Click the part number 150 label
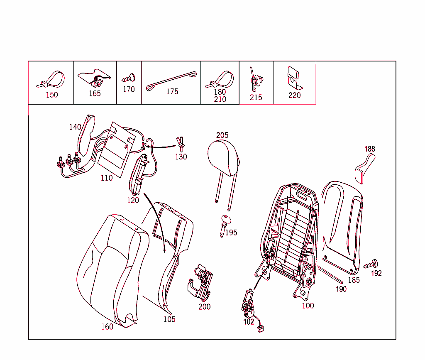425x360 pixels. (52, 95)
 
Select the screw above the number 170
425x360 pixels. (129, 78)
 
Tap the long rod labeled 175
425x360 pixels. (171, 81)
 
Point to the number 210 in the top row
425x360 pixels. (220, 100)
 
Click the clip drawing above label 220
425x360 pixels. (295, 78)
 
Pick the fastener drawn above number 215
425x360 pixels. (256, 80)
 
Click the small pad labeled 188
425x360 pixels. (365, 169)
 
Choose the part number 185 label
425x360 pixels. (354, 280)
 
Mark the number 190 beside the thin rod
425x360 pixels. (341, 289)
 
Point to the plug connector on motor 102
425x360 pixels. (261, 329)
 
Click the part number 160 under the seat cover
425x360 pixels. (107, 327)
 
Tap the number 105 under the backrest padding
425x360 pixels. (169, 319)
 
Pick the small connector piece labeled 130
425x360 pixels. (181, 144)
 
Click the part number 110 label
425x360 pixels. (107, 178)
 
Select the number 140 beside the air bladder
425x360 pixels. (75, 127)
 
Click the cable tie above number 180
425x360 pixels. (220, 79)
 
